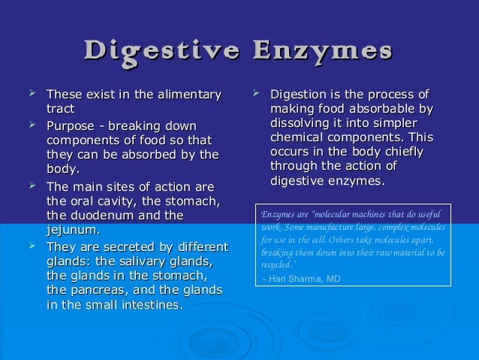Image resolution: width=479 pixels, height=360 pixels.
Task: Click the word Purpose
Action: [71, 125]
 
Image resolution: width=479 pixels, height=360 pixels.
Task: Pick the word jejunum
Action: [72, 230]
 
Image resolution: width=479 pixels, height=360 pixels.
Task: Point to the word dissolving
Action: [298, 124]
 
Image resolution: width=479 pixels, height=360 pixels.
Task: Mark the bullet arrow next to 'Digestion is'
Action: [255, 95]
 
